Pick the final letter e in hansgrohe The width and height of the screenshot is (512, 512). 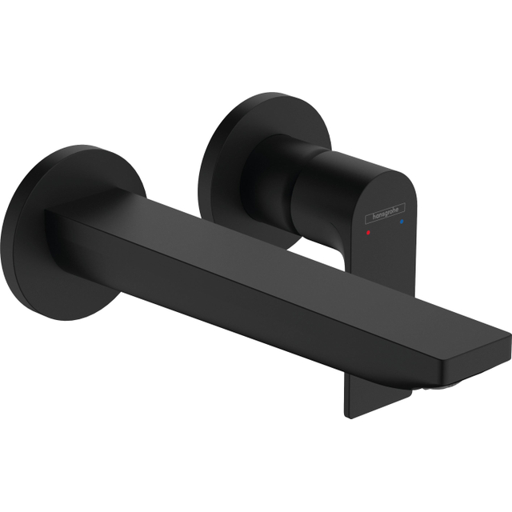click(x=402, y=210)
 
